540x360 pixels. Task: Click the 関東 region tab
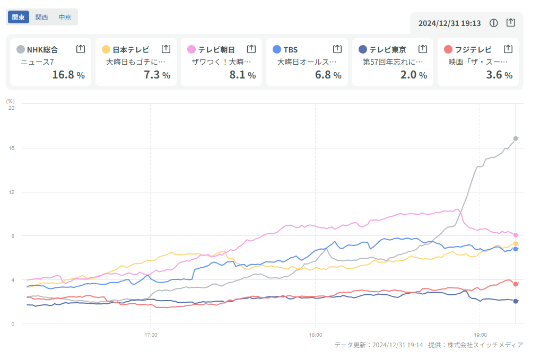point(19,17)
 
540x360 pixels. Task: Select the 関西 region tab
point(41,17)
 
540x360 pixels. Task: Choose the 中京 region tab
point(65,17)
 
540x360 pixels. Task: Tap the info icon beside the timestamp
point(493,23)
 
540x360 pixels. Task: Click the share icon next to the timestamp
point(510,23)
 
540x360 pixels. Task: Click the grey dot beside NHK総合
point(21,49)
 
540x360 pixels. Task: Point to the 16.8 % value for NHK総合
point(68,75)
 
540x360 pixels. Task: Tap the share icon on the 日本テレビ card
point(166,49)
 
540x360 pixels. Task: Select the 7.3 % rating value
point(157,75)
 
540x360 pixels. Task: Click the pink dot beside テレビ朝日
point(191,49)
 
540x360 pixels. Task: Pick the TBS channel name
point(291,50)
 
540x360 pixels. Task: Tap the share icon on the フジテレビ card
point(508,49)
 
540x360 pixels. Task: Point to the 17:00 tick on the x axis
point(151,335)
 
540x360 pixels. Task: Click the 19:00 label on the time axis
point(480,335)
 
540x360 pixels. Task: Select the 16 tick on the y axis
point(11,148)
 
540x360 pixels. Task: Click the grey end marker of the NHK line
point(516,138)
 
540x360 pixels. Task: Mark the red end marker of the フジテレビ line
point(516,284)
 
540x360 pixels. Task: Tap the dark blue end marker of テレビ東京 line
point(516,301)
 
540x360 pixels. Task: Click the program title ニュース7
point(38,62)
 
